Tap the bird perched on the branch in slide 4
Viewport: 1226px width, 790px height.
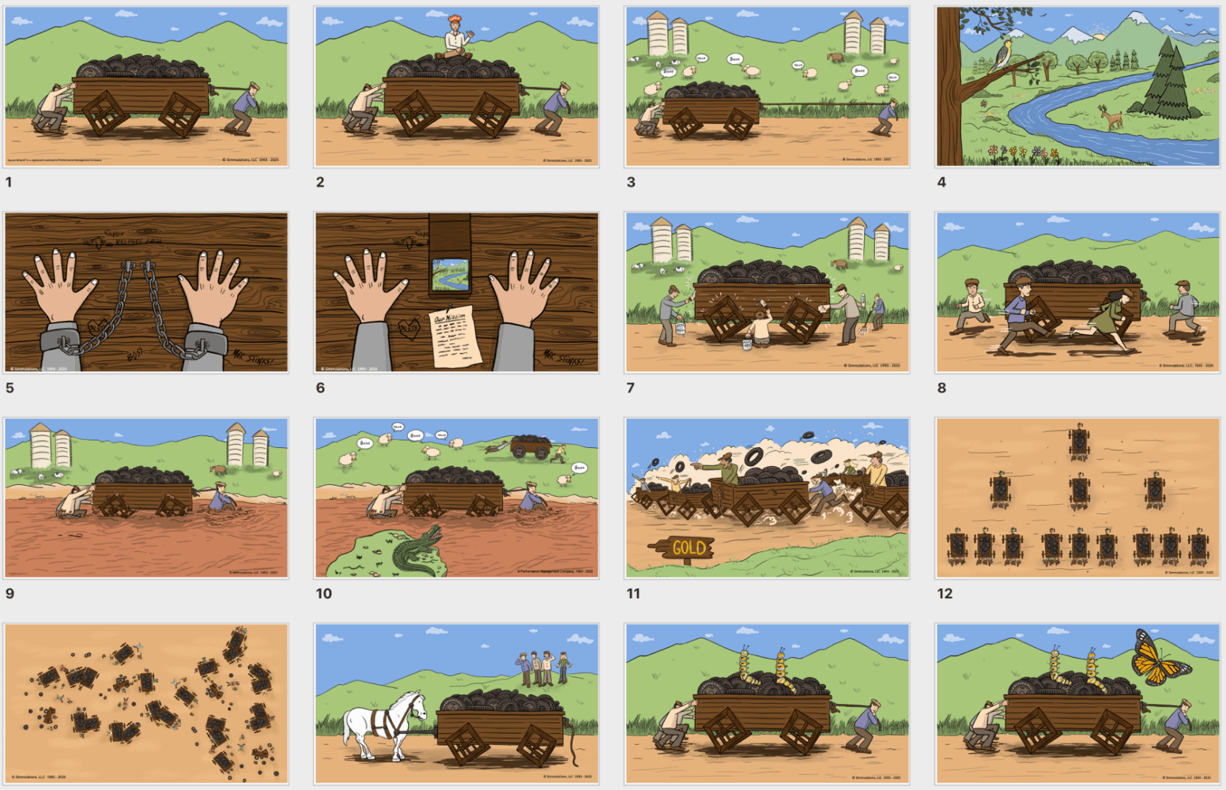tap(1002, 55)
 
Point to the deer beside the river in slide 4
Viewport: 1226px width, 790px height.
tap(1113, 118)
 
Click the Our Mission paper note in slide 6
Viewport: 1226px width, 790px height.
tap(454, 337)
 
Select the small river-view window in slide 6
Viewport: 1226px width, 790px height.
tap(450, 275)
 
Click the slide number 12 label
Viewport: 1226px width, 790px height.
tap(945, 593)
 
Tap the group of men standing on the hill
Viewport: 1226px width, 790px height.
tap(542, 668)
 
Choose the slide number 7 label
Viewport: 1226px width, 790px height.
tap(630, 388)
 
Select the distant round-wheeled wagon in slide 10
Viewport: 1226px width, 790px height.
tap(530, 447)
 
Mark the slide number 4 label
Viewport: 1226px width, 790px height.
tap(941, 182)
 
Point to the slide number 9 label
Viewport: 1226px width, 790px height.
tap(9, 593)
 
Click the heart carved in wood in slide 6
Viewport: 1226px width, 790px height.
tap(409, 328)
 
